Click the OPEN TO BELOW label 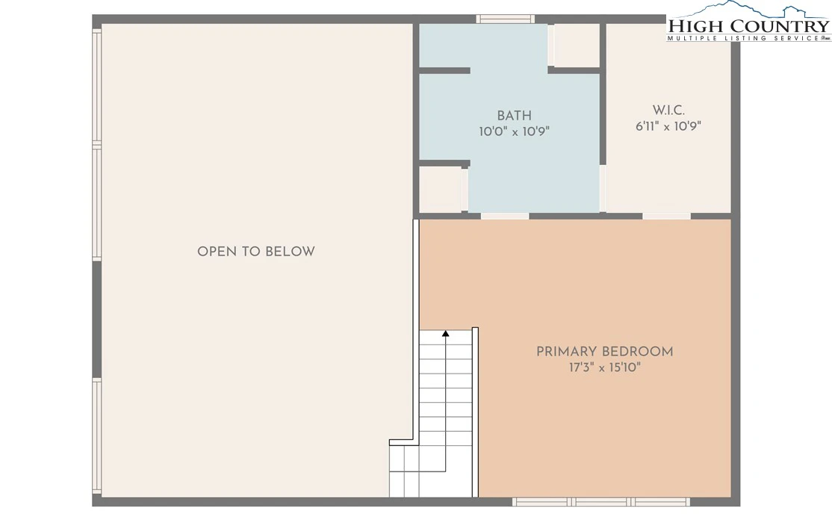coord(255,252)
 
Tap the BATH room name coord(514,116)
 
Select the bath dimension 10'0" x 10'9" coord(514,131)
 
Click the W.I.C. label coord(668,111)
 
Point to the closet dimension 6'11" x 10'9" coord(668,126)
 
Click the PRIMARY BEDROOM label coord(604,351)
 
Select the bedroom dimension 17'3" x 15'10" coord(605,368)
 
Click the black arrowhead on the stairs coord(446,333)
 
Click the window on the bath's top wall coord(505,19)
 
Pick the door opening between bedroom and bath coord(505,216)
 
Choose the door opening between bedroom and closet coord(666,216)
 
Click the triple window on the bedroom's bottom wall coord(601,501)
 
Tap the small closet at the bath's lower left coord(441,190)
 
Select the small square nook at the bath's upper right coord(577,45)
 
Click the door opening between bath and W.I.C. coord(603,188)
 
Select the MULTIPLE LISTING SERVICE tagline coord(744,38)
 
